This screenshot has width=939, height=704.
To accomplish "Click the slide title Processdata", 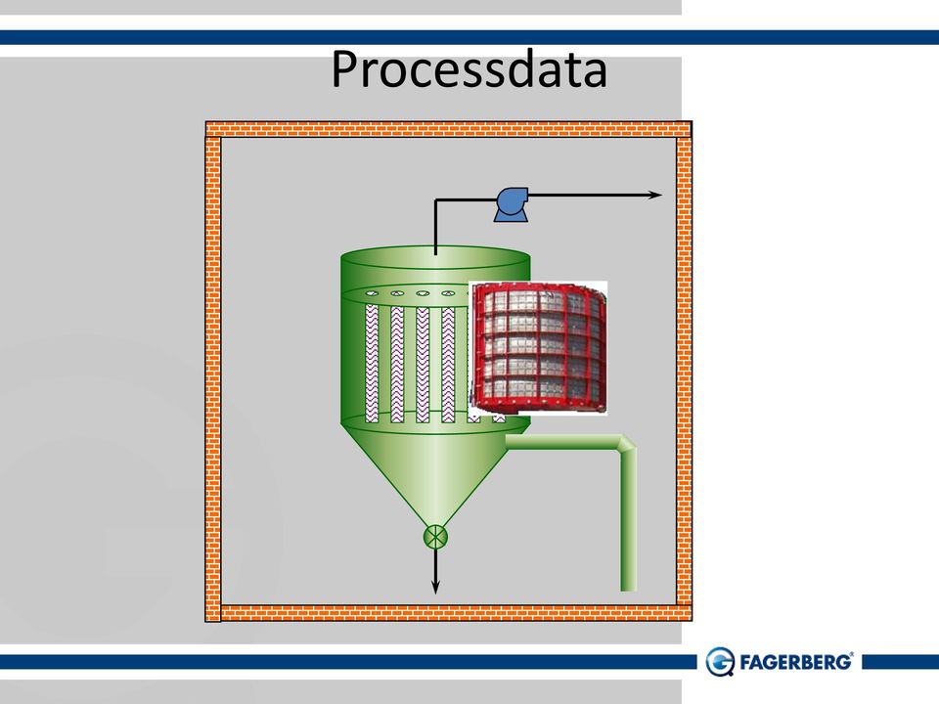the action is click(x=469, y=69).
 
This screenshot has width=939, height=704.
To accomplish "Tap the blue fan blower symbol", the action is click(x=512, y=204).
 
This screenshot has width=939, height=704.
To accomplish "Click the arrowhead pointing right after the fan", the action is click(x=655, y=195).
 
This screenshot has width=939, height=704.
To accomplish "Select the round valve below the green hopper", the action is click(x=435, y=537).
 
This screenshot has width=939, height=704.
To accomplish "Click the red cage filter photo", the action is click(x=538, y=348).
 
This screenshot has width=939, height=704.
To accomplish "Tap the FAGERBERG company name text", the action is click(x=796, y=662).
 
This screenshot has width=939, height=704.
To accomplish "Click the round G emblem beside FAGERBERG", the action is click(x=720, y=662).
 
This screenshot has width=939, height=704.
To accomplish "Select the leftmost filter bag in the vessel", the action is click(x=372, y=364).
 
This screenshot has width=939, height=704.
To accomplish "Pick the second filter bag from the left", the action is click(x=397, y=365).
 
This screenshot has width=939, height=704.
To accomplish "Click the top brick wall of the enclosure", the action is click(x=449, y=129).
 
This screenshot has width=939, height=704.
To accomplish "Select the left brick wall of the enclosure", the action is click(x=213, y=379).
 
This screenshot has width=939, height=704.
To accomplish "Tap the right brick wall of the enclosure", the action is click(x=684, y=372).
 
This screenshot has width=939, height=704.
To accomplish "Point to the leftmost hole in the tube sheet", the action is click(x=372, y=292).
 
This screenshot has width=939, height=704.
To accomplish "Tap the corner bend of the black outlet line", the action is click(x=436, y=199).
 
